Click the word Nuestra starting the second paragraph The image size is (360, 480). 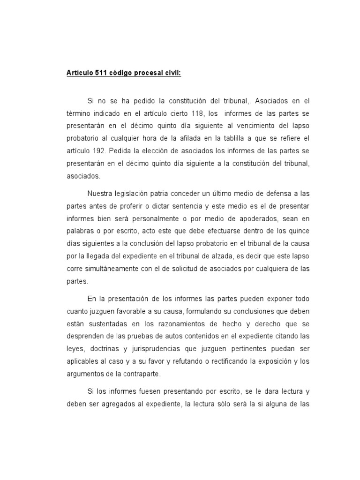point(101,194)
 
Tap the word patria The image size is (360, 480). point(165,194)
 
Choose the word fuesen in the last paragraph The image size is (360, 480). point(145,391)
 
